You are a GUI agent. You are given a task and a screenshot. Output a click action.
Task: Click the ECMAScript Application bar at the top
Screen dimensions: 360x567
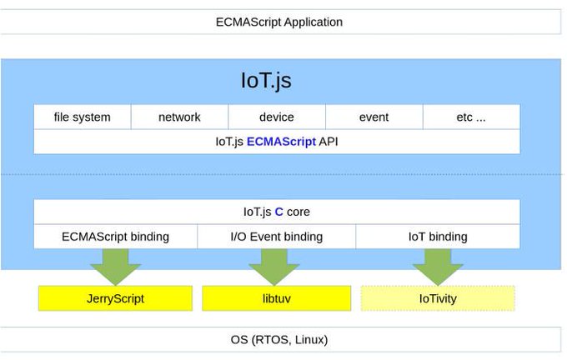coord(278,22)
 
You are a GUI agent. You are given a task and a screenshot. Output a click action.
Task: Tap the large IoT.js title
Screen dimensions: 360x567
coord(266,81)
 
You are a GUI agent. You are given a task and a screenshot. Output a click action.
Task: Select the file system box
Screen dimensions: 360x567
coord(82,117)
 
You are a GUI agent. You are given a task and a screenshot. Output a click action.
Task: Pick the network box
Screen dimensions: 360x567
coord(179,117)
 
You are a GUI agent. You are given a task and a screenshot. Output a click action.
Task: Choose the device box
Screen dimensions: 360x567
coord(276,117)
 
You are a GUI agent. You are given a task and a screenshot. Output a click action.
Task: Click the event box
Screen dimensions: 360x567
coord(374,117)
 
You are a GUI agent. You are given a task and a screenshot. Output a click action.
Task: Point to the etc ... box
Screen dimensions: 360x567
coord(471,117)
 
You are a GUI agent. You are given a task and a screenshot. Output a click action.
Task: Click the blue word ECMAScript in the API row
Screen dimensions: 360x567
coord(281,142)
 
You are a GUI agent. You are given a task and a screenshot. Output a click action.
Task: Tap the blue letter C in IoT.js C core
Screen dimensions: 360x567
coord(279,212)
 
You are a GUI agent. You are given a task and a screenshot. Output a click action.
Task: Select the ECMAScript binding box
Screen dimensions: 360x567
coord(115,237)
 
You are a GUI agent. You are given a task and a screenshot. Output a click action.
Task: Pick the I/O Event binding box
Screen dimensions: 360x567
coord(276,237)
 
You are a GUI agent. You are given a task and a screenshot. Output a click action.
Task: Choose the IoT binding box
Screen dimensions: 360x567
coord(438,237)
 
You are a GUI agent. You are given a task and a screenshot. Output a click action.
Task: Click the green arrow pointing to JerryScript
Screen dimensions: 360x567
coord(116,265)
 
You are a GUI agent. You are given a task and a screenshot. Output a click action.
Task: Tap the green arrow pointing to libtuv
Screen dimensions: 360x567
coord(273,265)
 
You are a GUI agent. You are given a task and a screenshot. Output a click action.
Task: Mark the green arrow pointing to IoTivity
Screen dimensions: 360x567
coord(437,265)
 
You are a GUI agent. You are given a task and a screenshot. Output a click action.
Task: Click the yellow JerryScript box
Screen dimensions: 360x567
coord(115,298)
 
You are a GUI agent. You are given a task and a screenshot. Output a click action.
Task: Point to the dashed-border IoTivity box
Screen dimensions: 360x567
coord(438,298)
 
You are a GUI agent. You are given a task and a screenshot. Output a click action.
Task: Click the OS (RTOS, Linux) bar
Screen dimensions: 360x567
coord(278,340)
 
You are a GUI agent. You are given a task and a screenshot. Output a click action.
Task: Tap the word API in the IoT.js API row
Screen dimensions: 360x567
coord(329,142)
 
